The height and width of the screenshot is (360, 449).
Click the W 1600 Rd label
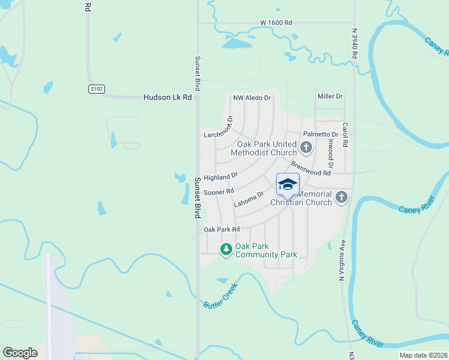point(276,23)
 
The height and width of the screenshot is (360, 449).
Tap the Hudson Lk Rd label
point(167,97)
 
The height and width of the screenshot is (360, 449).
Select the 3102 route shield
point(96,89)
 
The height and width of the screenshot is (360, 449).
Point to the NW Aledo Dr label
point(252,97)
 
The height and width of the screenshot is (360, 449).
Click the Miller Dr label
point(330,96)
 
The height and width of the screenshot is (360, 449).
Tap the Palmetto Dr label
point(321,134)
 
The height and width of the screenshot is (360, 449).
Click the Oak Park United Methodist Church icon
point(306,147)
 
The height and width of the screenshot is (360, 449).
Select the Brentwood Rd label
point(311,169)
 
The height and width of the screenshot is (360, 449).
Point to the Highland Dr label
point(220,176)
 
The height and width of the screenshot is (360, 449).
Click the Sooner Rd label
point(218,192)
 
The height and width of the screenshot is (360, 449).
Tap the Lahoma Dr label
point(249,199)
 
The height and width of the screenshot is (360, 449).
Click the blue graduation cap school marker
point(288,184)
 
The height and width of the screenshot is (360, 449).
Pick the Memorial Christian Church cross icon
point(342,197)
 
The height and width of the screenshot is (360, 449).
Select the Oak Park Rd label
point(221,229)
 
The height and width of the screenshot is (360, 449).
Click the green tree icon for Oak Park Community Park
point(226,249)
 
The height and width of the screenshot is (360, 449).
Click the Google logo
point(20,352)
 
